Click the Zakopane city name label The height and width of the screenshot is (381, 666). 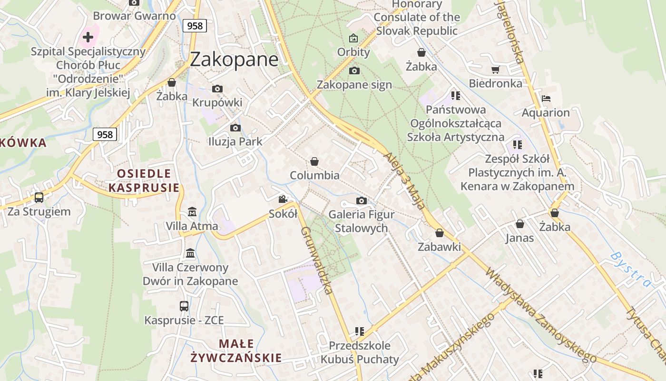234,60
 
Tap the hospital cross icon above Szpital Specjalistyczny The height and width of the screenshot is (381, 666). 88,36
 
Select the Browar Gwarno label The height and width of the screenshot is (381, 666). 135,16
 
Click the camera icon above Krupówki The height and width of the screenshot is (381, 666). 217,89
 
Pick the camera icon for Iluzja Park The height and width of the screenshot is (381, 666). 235,128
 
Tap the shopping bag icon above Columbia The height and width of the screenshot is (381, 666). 314,162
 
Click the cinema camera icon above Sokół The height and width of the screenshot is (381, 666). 283,199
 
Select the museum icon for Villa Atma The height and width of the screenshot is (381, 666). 192,211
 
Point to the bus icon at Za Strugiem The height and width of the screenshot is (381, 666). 39,197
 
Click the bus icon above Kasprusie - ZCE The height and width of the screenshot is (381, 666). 184,306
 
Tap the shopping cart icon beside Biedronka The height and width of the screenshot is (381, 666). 495,70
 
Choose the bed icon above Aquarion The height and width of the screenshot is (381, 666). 546,99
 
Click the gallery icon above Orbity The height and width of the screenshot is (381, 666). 353,38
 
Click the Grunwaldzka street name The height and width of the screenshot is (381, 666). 316,260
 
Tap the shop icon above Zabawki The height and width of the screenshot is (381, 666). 440,233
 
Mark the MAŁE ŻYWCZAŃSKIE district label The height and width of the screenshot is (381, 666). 236,351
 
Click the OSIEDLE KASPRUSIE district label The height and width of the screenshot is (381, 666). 144,180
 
